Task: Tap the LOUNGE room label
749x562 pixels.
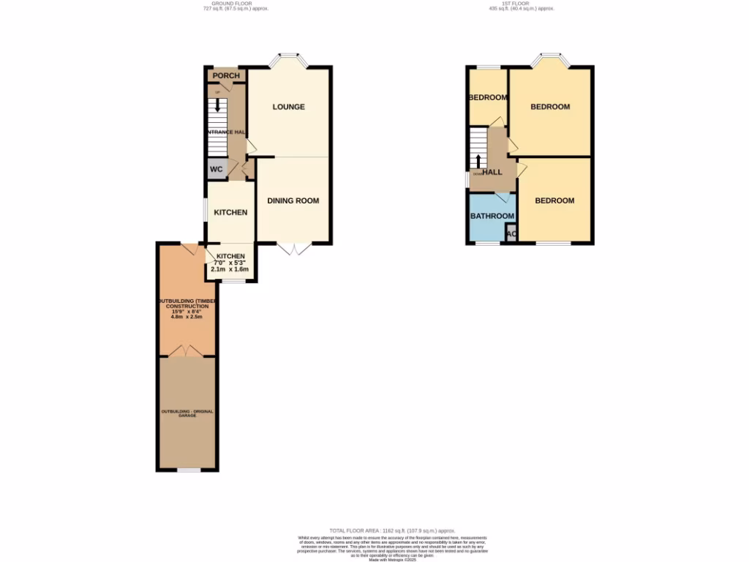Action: pyautogui.click(x=288, y=107)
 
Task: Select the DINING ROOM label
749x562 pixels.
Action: pyautogui.click(x=293, y=201)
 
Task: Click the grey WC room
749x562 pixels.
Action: pyautogui.click(x=217, y=168)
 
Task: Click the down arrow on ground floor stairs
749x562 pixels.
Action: pyautogui.click(x=217, y=105)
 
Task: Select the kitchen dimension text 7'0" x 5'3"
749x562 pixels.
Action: pyautogui.click(x=230, y=263)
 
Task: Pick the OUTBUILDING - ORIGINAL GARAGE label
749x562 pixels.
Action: pyautogui.click(x=187, y=414)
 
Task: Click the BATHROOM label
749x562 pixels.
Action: pyautogui.click(x=492, y=216)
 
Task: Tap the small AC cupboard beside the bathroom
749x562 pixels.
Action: pyautogui.click(x=511, y=235)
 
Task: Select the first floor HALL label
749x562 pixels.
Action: pyautogui.click(x=492, y=172)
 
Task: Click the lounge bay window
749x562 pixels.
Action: pyautogui.click(x=288, y=59)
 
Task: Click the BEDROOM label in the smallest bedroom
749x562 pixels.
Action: pyautogui.click(x=488, y=98)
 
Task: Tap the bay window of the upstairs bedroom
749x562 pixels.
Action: pyautogui.click(x=550, y=59)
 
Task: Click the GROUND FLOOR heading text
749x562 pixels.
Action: pyautogui.click(x=227, y=4)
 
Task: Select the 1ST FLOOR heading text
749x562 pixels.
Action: pyautogui.click(x=521, y=4)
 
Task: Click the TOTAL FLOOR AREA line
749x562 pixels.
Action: pyautogui.click(x=392, y=531)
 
